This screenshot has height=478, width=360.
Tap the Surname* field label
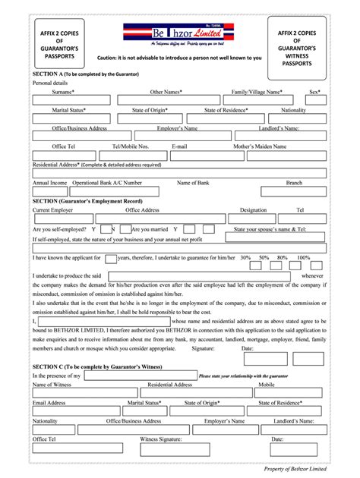(63, 91)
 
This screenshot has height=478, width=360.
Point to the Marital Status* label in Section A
(68, 110)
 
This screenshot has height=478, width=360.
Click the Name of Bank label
(194, 183)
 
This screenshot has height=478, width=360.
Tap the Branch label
(294, 183)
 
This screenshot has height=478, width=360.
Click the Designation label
(253, 209)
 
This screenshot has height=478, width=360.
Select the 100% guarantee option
(304, 257)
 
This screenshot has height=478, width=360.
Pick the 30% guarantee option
(245, 257)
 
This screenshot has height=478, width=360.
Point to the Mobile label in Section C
(266, 385)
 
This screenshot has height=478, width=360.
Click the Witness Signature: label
(161, 439)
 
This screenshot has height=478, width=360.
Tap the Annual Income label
(49, 183)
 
